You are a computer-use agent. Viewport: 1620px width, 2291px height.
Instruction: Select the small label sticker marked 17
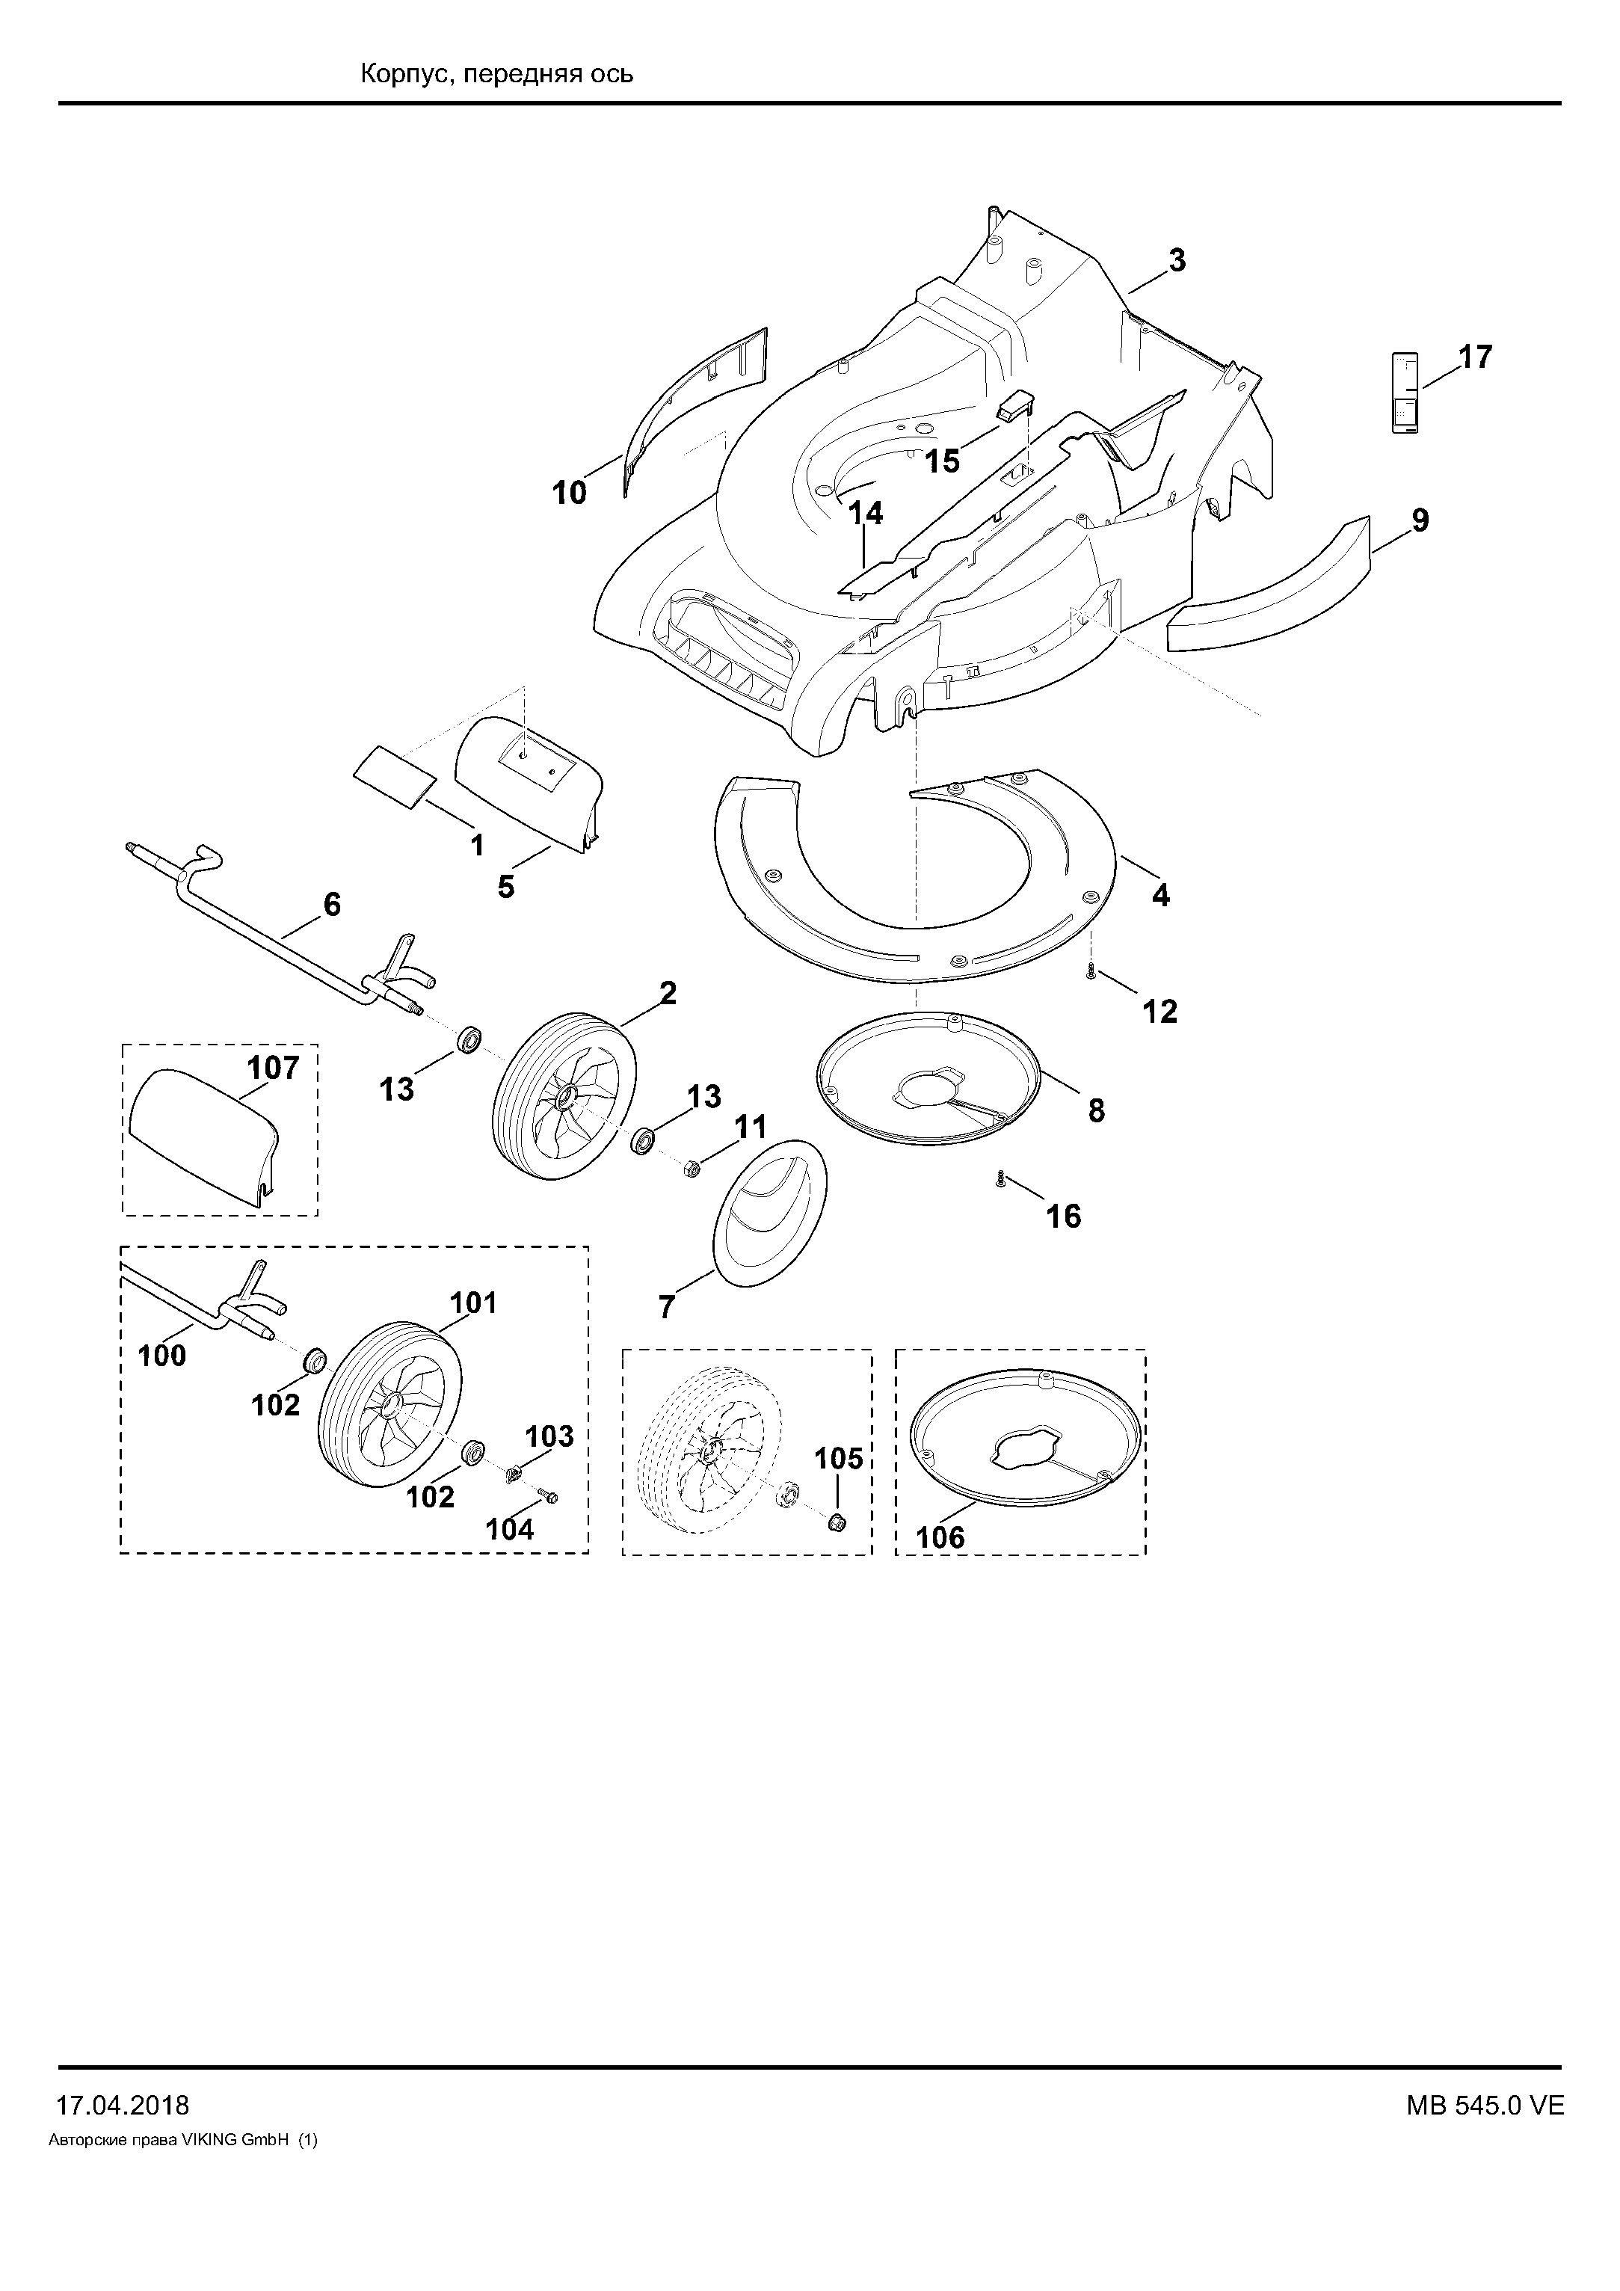[1405, 391]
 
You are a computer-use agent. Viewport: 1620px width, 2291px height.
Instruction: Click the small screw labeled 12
[1092, 971]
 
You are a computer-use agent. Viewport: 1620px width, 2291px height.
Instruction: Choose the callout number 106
[940, 1537]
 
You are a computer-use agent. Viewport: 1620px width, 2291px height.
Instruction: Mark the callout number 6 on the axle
[331, 904]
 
